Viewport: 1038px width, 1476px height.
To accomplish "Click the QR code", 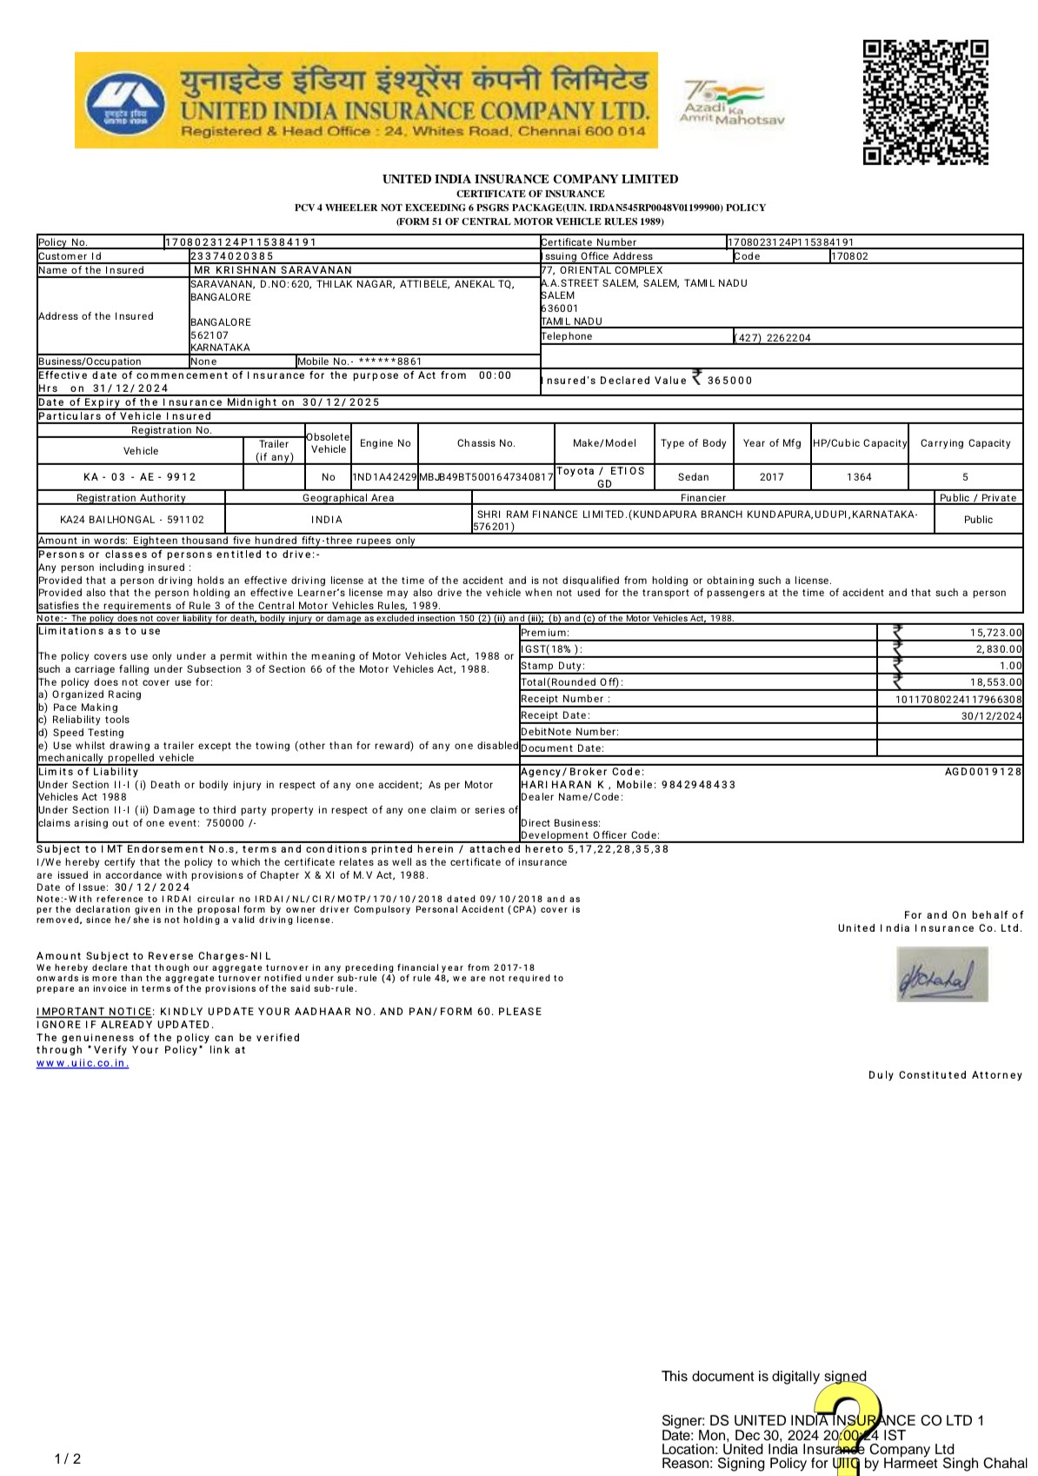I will pyautogui.click(x=925, y=102).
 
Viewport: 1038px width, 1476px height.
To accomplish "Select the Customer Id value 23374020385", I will pyautogui.click(x=232, y=256).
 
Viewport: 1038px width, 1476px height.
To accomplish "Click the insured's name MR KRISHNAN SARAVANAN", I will pyautogui.click(x=272, y=270).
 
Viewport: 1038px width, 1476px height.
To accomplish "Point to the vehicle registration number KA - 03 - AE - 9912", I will pyautogui.click(x=140, y=477).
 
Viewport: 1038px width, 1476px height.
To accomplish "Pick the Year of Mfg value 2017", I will pyautogui.click(x=771, y=477).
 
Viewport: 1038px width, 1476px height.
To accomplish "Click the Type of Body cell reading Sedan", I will pyautogui.click(x=693, y=477).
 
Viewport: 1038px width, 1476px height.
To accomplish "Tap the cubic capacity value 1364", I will pyautogui.click(x=859, y=477).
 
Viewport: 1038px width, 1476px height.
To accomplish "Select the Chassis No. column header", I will pyautogui.click(x=486, y=443).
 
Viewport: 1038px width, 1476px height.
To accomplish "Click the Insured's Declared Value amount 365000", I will pyautogui.click(x=729, y=381).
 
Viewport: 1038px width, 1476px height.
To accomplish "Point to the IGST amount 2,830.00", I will pyautogui.click(x=999, y=649).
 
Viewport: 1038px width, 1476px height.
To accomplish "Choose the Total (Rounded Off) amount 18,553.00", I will pyautogui.click(x=996, y=683).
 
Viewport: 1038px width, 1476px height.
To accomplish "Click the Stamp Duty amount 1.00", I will pyautogui.click(x=1010, y=666).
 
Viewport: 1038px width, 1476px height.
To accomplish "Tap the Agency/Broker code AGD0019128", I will pyautogui.click(x=983, y=772).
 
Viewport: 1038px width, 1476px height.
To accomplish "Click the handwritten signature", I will pyautogui.click(x=942, y=974).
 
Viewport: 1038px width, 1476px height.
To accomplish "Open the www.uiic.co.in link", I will pyautogui.click(x=83, y=1063).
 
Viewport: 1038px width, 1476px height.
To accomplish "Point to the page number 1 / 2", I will pyautogui.click(x=68, y=1459).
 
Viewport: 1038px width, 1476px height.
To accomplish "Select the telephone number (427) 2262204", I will pyautogui.click(x=773, y=338).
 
